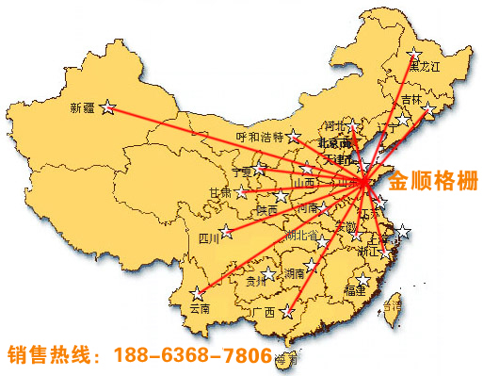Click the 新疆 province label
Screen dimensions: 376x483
(83, 108)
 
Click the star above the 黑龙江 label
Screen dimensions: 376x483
(413, 53)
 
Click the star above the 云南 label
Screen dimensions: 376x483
(197, 293)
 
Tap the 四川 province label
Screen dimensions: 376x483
(209, 238)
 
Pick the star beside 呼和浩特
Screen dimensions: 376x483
(294, 136)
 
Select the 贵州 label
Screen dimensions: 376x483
(255, 280)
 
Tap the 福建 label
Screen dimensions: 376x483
(355, 291)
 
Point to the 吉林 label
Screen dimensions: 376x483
(411, 100)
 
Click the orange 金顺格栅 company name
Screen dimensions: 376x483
(434, 179)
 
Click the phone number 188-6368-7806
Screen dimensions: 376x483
(192, 356)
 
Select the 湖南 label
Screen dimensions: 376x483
(295, 274)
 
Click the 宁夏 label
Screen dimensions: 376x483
(243, 172)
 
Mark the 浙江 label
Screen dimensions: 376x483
(366, 252)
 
